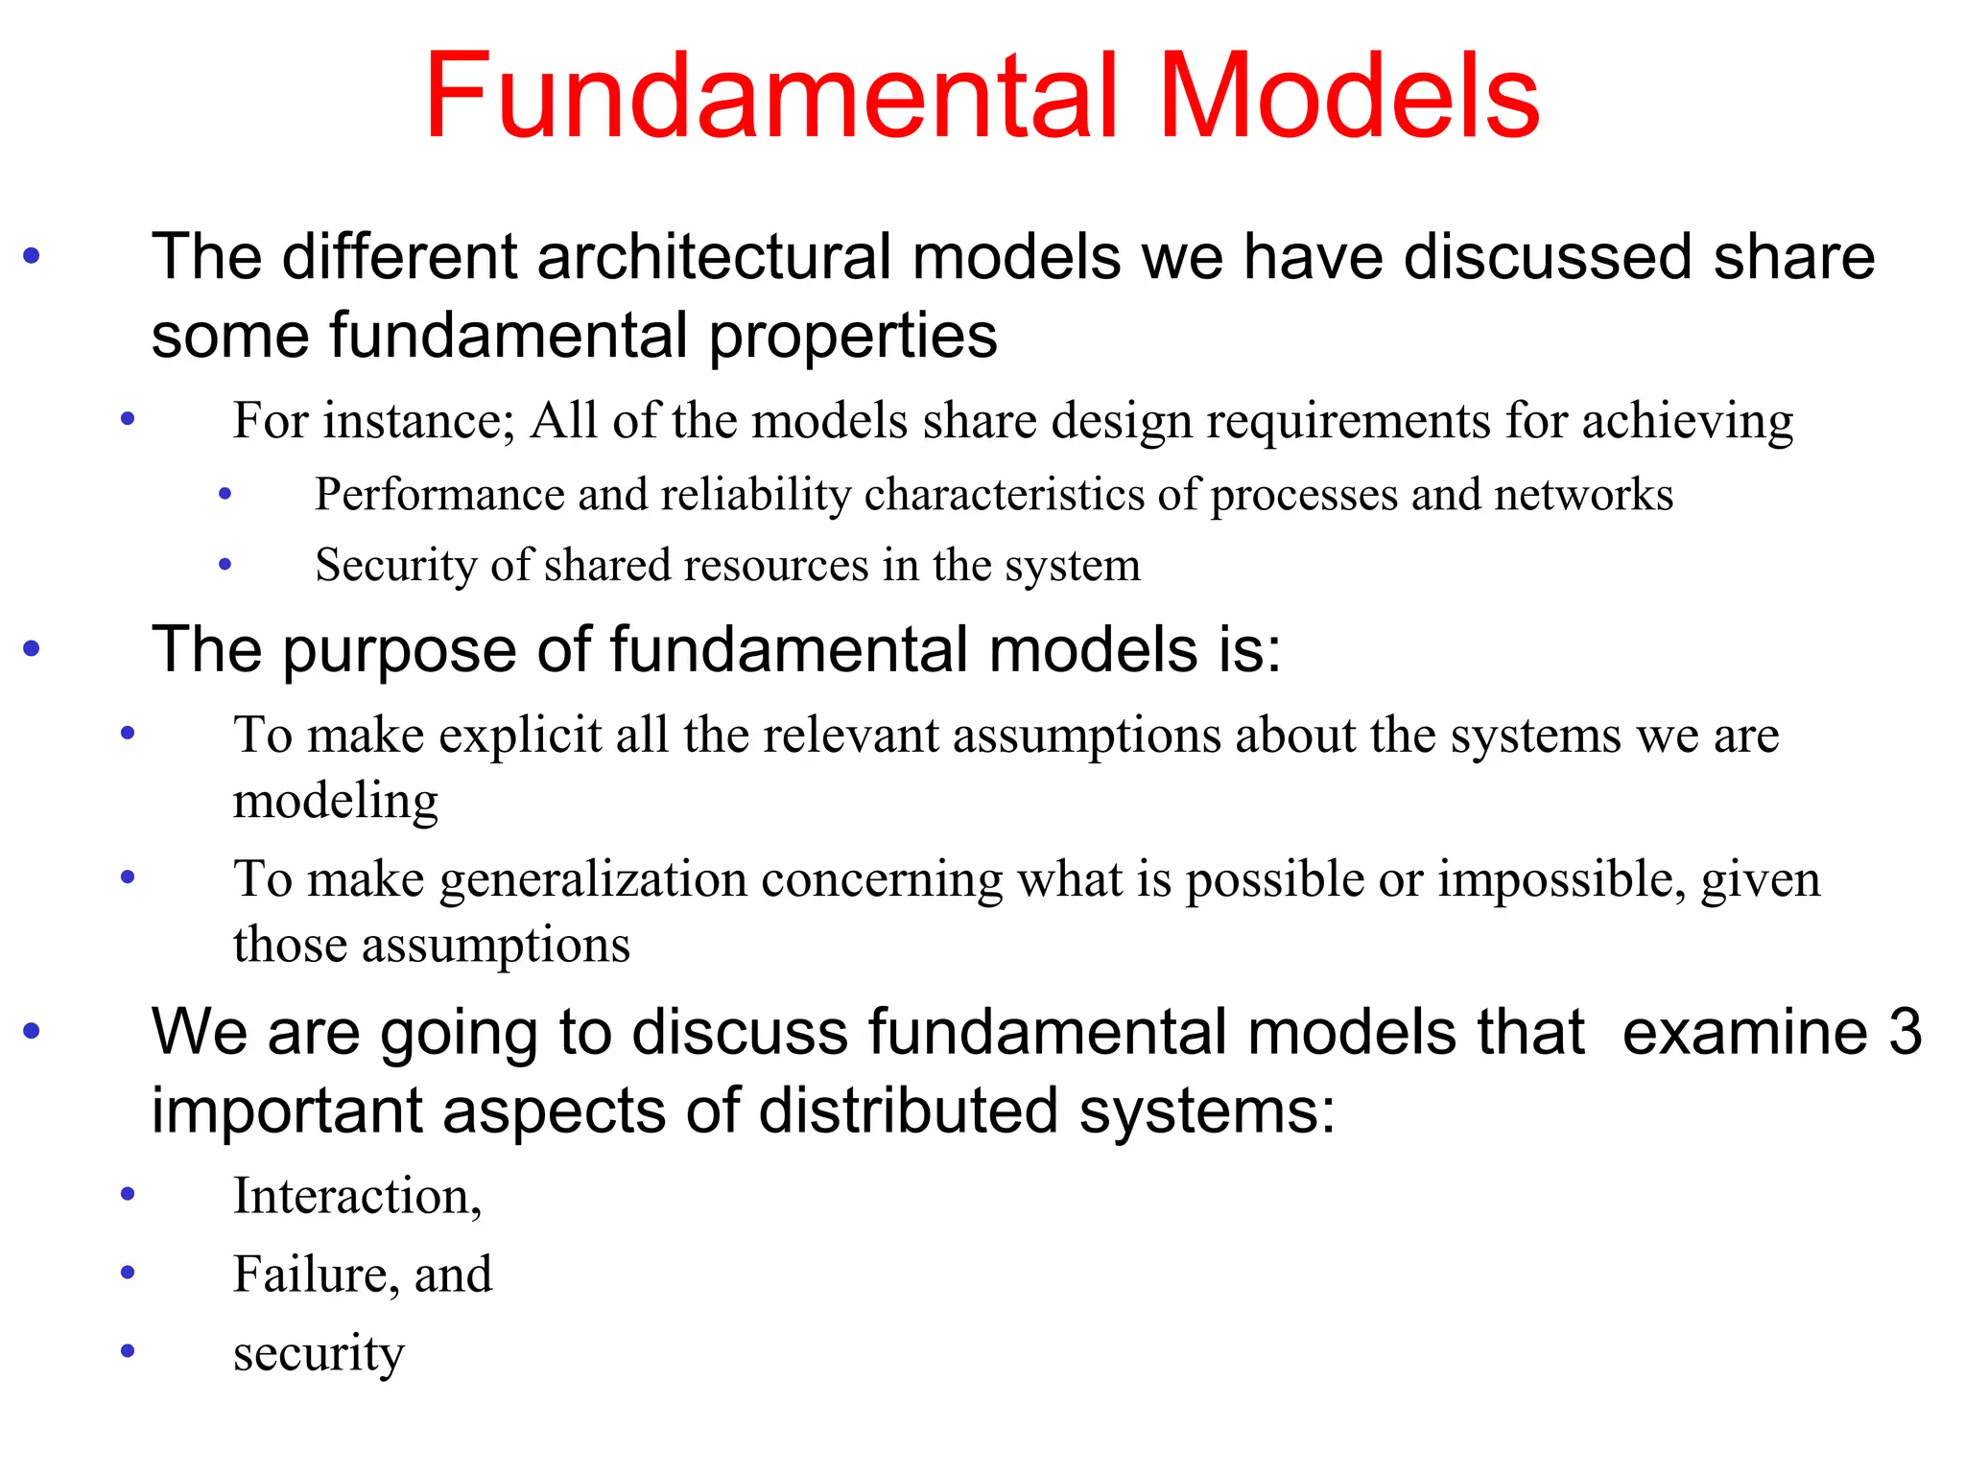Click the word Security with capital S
[x=396, y=565]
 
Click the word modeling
[x=336, y=802]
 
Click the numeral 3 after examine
[x=1905, y=1033]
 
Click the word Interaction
[x=356, y=1196]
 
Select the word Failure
[x=310, y=1274]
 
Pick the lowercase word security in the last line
[x=319, y=1354]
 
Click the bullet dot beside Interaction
[x=128, y=1195]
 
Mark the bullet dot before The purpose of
[x=32, y=649]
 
